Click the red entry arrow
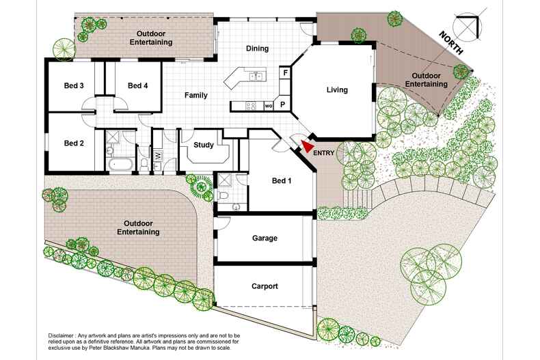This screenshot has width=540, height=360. click(308, 144)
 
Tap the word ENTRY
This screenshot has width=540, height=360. click(325, 153)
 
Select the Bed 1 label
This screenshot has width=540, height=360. click(281, 181)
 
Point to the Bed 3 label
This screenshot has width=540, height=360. click(74, 85)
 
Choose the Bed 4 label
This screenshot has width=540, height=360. click(137, 85)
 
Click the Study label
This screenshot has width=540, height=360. click(204, 145)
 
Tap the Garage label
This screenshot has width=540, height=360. click(265, 238)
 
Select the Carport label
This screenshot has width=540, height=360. click(265, 286)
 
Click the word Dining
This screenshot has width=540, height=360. click(257, 49)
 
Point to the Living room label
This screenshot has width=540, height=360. click(337, 89)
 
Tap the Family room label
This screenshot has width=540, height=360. click(196, 95)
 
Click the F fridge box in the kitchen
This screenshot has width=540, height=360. click(284, 72)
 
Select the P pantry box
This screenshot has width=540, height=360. click(282, 105)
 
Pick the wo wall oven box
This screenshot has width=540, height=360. click(269, 106)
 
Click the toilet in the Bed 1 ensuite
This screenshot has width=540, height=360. click(223, 196)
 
